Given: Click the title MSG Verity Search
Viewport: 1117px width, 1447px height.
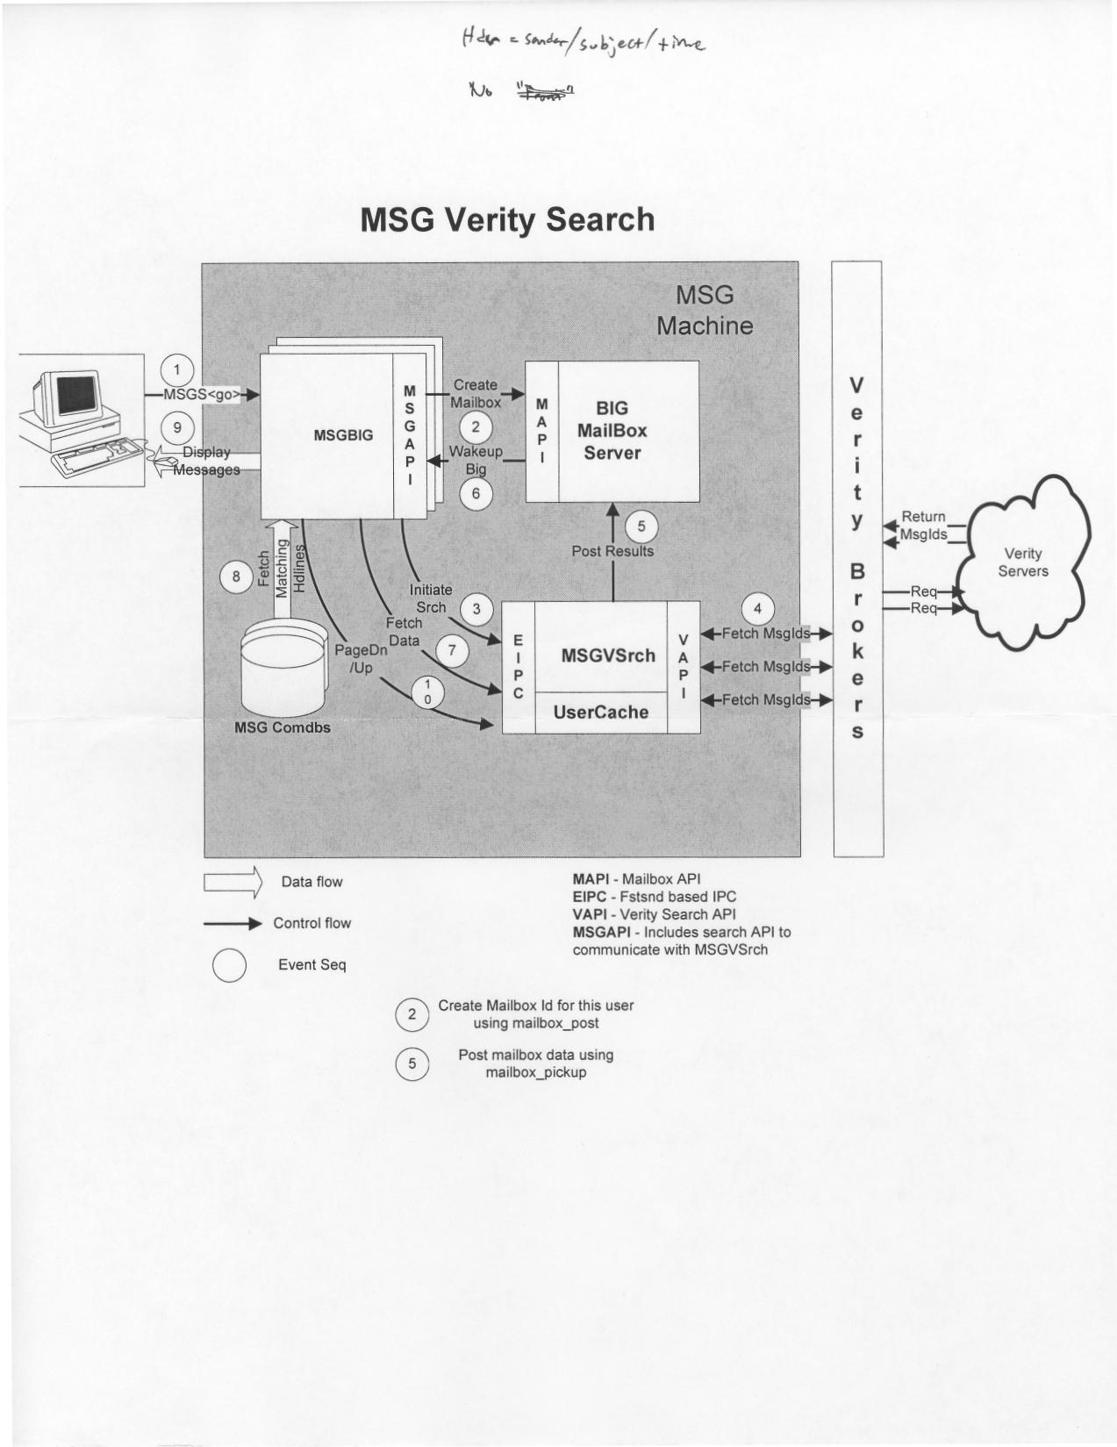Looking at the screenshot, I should click(x=507, y=219).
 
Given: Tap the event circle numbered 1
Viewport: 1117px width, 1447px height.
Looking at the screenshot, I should click(x=178, y=369).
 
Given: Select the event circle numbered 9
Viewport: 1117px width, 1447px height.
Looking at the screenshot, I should click(x=178, y=427).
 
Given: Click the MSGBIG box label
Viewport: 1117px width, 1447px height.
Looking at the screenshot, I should click(x=343, y=434).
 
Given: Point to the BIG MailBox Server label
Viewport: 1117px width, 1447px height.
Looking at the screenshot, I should click(x=612, y=431).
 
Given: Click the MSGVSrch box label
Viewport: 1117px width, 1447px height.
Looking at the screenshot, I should click(x=608, y=655).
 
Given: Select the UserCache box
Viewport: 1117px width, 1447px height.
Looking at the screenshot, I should click(x=601, y=713).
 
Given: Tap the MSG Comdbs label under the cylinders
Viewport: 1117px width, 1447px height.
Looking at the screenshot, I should click(x=283, y=727).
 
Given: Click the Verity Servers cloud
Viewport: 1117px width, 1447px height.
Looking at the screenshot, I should click(x=1022, y=562).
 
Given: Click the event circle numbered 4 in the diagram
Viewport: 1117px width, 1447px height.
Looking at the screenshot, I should click(x=758, y=607).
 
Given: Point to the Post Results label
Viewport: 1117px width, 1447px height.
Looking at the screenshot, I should click(x=612, y=551).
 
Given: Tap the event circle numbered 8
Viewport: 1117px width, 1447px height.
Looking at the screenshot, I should click(x=236, y=577).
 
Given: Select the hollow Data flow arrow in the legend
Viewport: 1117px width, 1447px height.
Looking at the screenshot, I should click(x=233, y=882).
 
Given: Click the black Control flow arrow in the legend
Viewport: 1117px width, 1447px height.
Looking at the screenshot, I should click(x=233, y=923).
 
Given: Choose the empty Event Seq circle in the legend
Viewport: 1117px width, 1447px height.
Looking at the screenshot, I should click(x=229, y=965).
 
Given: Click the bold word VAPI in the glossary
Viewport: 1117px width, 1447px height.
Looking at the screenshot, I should click(x=592, y=914).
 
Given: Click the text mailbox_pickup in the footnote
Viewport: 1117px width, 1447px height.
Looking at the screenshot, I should click(x=535, y=1072).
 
